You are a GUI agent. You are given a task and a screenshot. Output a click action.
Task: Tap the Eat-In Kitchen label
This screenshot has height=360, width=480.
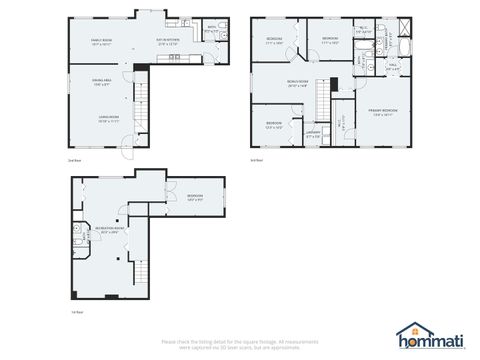click(x=167, y=41)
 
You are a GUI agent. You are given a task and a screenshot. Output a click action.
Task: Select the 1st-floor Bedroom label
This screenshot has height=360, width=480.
click(x=193, y=196)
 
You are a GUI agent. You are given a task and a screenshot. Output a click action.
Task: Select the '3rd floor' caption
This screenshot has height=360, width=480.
click(x=256, y=159)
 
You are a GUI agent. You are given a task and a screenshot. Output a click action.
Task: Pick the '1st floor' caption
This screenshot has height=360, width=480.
click(x=77, y=312)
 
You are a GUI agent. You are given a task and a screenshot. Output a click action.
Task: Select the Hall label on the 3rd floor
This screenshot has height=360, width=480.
click(x=393, y=67)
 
